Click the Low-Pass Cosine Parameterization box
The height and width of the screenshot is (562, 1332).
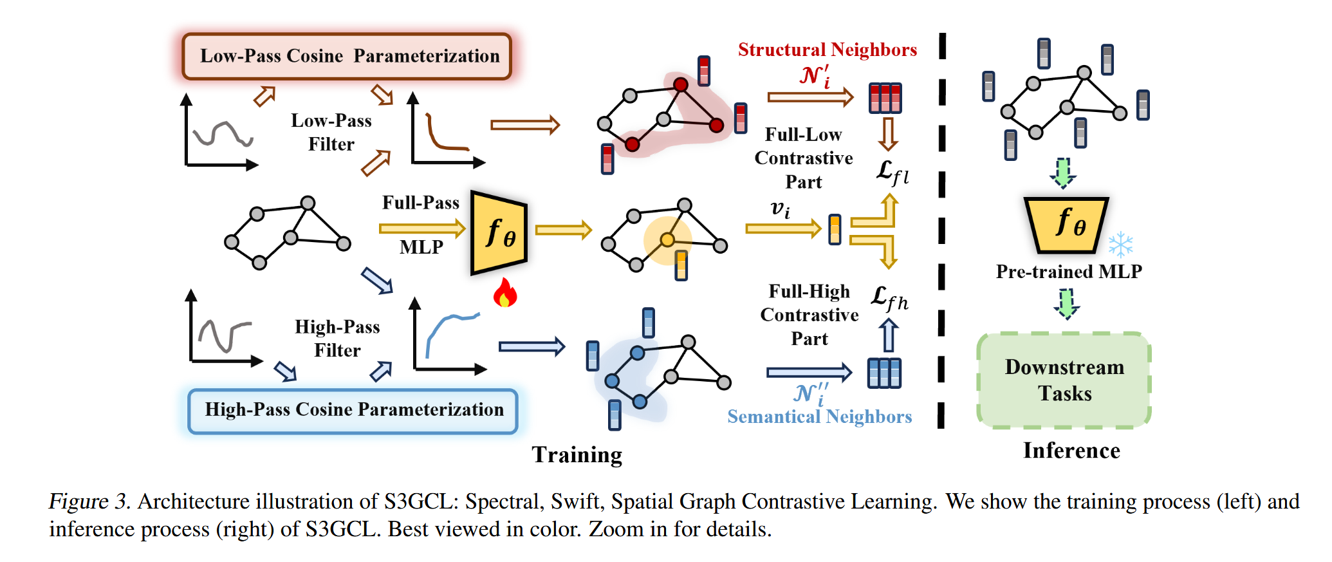pyautogui.click(x=347, y=57)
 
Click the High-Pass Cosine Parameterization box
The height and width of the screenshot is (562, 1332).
pyautogui.click(x=353, y=411)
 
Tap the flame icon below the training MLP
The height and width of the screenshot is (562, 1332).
pyautogui.click(x=505, y=293)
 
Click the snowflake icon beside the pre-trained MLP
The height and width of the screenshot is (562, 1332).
pyautogui.click(x=1120, y=245)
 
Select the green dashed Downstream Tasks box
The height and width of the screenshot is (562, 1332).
pyautogui.click(x=1064, y=380)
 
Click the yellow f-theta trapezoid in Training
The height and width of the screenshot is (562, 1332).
pyautogui.click(x=499, y=233)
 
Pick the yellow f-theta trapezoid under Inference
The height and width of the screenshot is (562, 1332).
pyautogui.click(x=1067, y=224)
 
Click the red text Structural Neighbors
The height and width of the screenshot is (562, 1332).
pyautogui.click(x=827, y=50)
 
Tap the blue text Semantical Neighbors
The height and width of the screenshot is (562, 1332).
pyautogui.click(x=819, y=417)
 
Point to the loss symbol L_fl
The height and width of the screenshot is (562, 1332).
pyautogui.click(x=892, y=173)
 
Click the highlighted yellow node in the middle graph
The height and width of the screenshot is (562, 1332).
pyautogui.click(x=667, y=240)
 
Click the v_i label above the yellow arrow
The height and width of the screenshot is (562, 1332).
pyautogui.click(x=780, y=209)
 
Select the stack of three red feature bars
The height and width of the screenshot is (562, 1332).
pyautogui.click(x=885, y=98)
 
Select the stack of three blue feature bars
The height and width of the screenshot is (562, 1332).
pyautogui.click(x=884, y=373)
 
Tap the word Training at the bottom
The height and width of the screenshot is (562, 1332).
pyautogui.click(x=577, y=454)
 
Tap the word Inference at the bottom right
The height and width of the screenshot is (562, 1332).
pyautogui.click(x=1071, y=451)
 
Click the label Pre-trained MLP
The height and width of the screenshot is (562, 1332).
pyautogui.click(x=1069, y=272)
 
